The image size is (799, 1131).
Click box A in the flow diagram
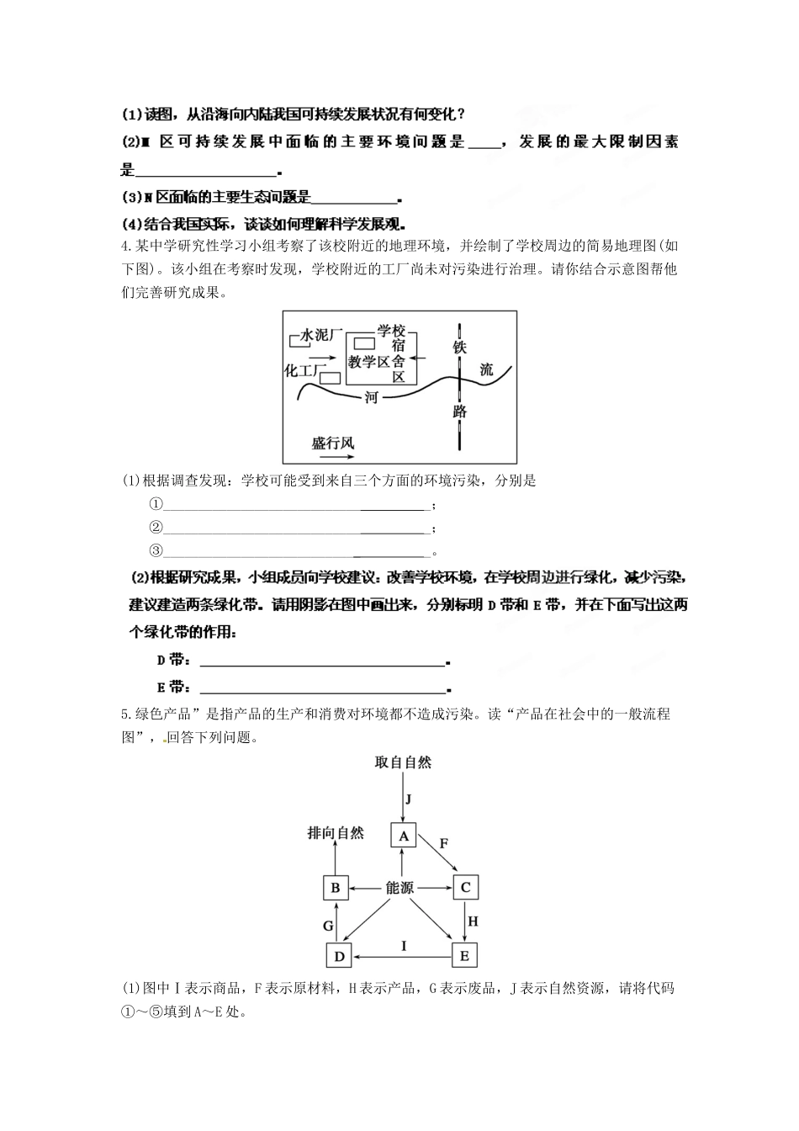click(404, 836)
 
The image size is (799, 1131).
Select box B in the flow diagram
click(336, 887)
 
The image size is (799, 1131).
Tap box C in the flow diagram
click(465, 887)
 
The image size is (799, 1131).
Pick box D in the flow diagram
click(339, 956)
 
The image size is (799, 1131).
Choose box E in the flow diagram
click(464, 956)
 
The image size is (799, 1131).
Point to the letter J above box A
click(407, 799)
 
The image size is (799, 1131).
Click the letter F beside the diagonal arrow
click(444, 843)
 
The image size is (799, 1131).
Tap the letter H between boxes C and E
click(473, 921)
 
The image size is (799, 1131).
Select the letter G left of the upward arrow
click(328, 926)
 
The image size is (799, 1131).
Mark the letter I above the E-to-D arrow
click(404, 946)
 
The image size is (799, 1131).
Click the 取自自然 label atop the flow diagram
click(403, 762)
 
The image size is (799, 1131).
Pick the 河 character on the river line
click(371, 397)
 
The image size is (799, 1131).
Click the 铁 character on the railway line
click(459, 347)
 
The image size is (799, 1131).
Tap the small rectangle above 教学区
click(363, 343)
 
